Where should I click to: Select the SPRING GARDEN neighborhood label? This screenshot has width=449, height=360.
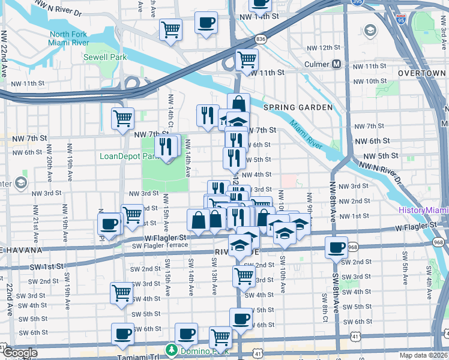point(297,107)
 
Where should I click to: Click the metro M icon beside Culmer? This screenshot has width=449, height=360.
point(337,64)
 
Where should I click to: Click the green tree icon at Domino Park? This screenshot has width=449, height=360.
point(172,349)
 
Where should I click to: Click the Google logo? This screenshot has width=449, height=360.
point(19,353)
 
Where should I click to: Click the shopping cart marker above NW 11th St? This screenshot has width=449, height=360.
point(247,60)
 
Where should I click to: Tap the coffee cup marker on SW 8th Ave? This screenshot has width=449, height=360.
point(336,247)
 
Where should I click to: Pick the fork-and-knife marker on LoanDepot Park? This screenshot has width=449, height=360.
point(166,146)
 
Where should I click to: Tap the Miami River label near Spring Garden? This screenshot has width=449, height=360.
point(307,133)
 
